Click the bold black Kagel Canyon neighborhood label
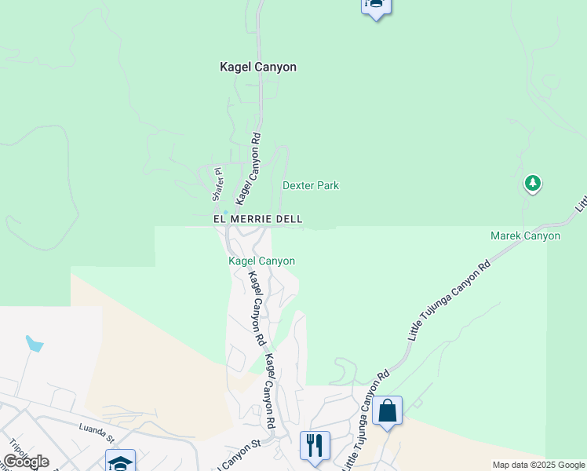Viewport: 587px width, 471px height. pos(257,68)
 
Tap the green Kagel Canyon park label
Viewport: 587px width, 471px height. pos(261,261)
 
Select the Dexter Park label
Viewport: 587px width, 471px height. pos(311,186)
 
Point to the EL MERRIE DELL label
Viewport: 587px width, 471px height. pos(258,220)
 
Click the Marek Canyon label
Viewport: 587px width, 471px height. pos(525,235)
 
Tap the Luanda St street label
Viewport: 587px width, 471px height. pos(97,429)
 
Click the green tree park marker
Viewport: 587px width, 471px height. pos(533,184)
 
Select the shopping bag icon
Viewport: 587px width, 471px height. pos(388,411)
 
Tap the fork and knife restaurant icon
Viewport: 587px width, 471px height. pos(315,445)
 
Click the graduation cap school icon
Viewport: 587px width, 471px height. pos(121,462)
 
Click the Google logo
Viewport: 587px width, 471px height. pos(26,462)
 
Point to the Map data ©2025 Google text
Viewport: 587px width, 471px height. pos(539,465)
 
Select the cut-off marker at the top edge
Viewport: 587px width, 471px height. pos(376,6)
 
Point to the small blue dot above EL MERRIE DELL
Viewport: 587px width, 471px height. pos(225,212)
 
